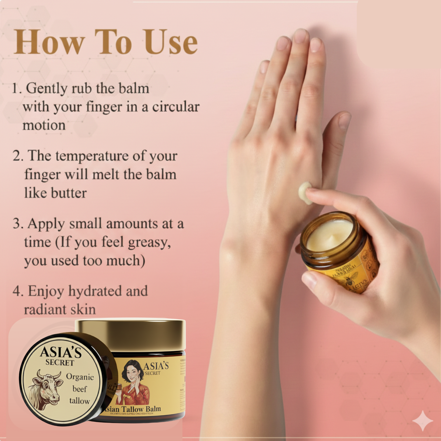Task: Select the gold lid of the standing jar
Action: [131, 334]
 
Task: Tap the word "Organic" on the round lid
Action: [80, 377]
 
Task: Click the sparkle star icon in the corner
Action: [422, 421]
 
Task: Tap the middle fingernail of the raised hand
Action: [300, 36]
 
